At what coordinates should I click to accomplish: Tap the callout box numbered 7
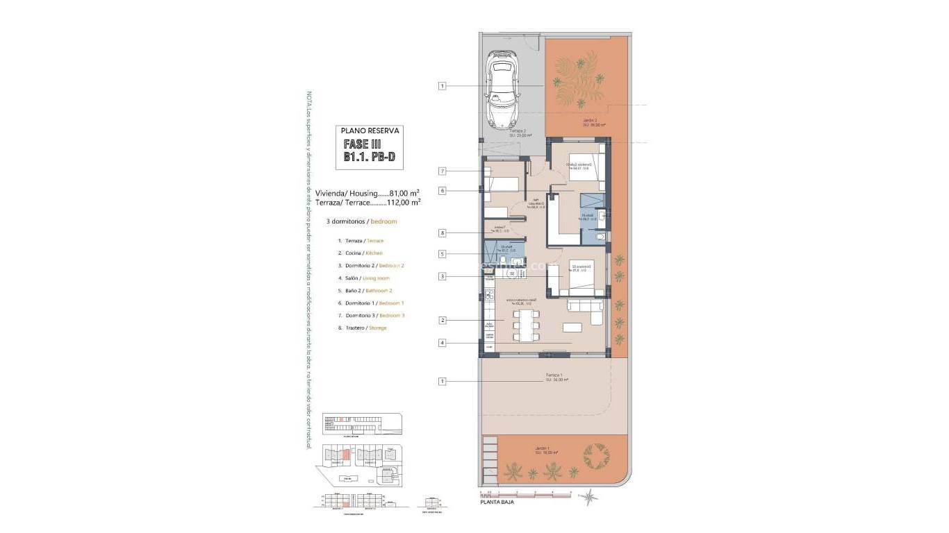click(x=442, y=171)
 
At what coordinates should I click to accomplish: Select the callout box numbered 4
click(x=442, y=343)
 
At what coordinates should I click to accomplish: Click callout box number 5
click(x=442, y=254)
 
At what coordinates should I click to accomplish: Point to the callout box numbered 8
click(x=442, y=233)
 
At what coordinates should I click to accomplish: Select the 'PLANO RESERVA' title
click(x=368, y=130)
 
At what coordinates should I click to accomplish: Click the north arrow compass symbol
click(x=591, y=496)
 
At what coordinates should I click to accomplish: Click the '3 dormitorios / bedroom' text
click(x=361, y=221)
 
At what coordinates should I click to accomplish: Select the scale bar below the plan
click(x=525, y=493)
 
